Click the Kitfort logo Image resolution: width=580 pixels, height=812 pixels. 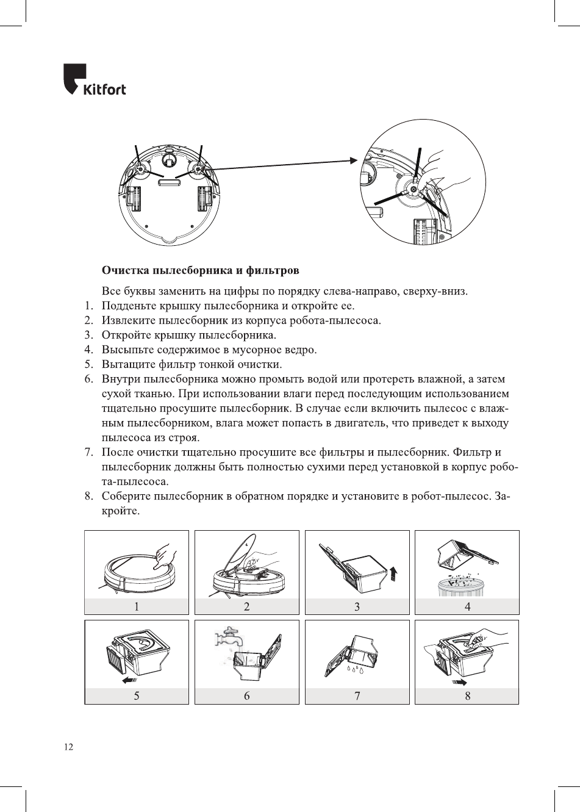[94, 79]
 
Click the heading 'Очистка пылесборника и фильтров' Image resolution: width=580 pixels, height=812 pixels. [200, 269]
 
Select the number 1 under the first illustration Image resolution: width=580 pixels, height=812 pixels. [137, 606]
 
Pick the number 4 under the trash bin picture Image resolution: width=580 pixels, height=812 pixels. [467, 606]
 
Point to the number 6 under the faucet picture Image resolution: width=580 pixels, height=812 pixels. [246, 695]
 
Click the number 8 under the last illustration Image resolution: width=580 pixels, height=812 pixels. [467, 695]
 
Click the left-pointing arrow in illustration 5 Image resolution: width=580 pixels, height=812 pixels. [129, 679]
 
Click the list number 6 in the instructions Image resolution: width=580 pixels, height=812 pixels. [88, 379]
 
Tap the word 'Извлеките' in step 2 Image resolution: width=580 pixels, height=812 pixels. [128, 320]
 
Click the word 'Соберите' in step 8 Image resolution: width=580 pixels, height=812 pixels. [126, 496]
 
